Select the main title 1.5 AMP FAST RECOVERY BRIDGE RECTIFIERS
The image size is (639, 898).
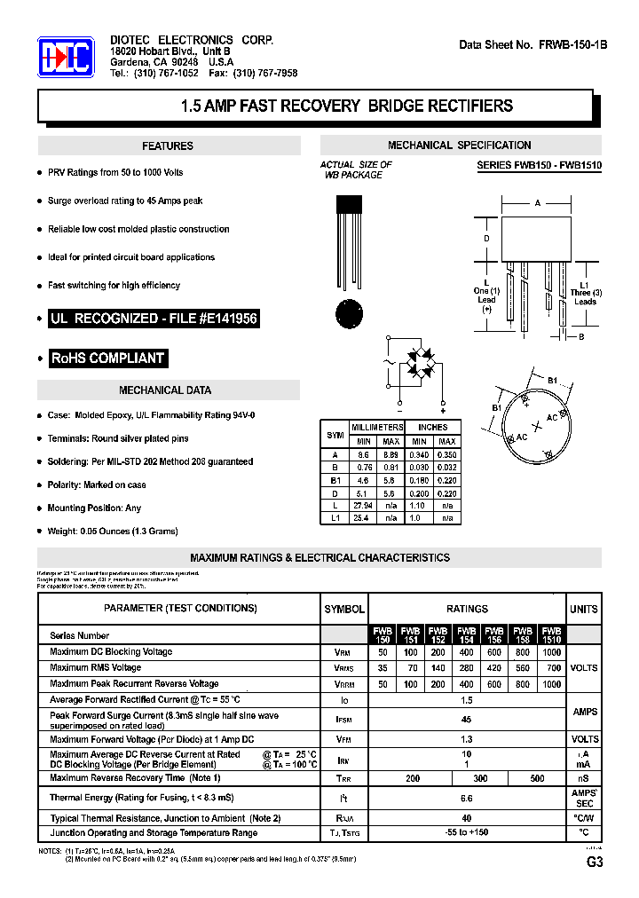coord(346,106)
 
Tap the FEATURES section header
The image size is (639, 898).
coord(168,146)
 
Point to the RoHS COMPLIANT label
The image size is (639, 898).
coord(107,358)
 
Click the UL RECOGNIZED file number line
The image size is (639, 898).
coord(154,319)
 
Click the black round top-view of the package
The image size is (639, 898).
coord(349,313)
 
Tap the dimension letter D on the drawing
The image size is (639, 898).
coord(486,239)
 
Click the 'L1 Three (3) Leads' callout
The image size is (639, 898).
coord(584,293)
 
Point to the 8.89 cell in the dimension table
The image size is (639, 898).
coord(390,454)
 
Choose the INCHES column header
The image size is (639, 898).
coord(433,427)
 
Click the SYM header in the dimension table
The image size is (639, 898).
coord(335,435)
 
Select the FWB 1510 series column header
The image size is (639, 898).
coord(551,635)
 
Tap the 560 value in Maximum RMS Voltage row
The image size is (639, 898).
coord(523,668)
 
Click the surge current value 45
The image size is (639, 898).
coord(467,720)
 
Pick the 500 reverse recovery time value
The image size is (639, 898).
coord(537,778)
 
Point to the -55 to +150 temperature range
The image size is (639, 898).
coord(467,833)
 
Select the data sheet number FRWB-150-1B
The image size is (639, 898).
coord(533,44)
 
